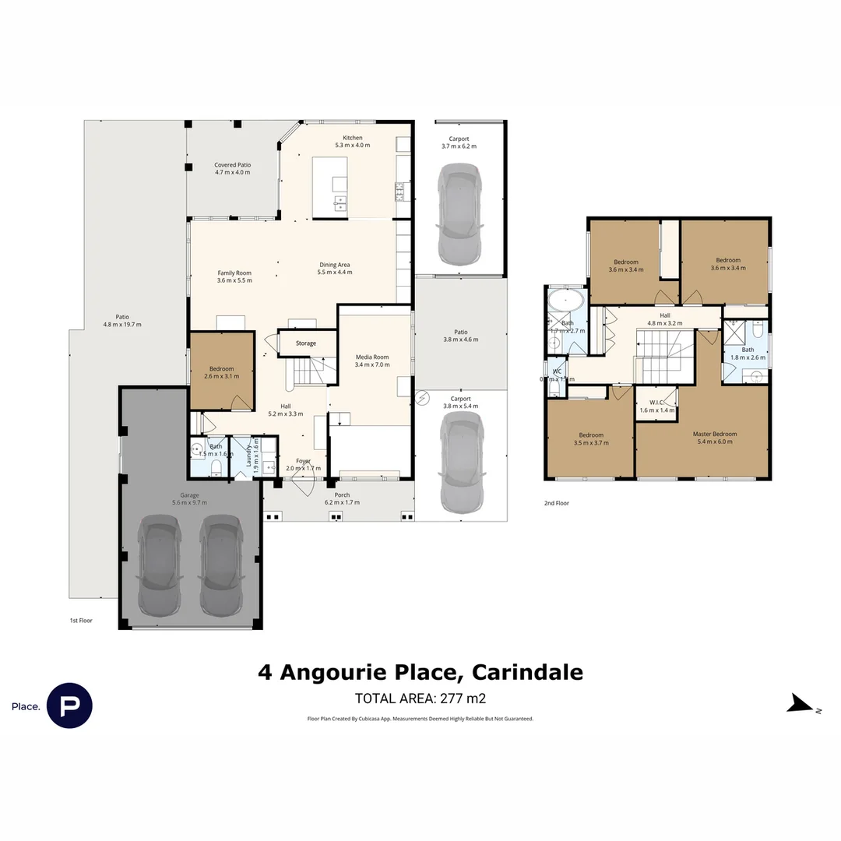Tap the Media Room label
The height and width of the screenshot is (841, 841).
point(371,357)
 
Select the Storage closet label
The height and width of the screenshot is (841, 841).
point(306,343)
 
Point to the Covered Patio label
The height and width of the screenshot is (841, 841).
point(233,165)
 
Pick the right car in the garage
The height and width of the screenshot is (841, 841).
point(219,565)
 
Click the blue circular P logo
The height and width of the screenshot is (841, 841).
point(69,706)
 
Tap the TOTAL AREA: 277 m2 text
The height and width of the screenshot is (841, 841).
point(420,698)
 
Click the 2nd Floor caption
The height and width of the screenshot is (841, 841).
point(557,503)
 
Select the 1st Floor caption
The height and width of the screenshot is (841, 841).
point(81,621)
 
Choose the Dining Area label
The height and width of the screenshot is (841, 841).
point(335,264)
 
